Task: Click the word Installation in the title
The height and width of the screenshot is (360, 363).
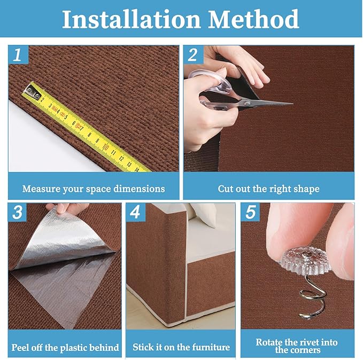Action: [x=132, y=19]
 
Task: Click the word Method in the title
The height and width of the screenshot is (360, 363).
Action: [x=254, y=19]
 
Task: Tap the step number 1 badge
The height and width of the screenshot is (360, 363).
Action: [x=18, y=54]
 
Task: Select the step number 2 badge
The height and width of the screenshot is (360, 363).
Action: [x=194, y=54]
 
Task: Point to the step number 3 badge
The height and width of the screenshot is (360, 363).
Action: [x=18, y=212]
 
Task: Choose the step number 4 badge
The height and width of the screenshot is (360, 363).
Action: [x=135, y=212]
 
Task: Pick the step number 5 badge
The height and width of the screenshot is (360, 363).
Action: [x=251, y=212]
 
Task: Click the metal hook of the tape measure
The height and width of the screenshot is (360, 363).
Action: [x=33, y=92]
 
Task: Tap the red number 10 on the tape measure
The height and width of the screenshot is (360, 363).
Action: [x=105, y=147]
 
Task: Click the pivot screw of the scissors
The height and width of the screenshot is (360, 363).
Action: [x=247, y=103]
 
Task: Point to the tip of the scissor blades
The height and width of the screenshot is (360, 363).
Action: [x=292, y=104]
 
